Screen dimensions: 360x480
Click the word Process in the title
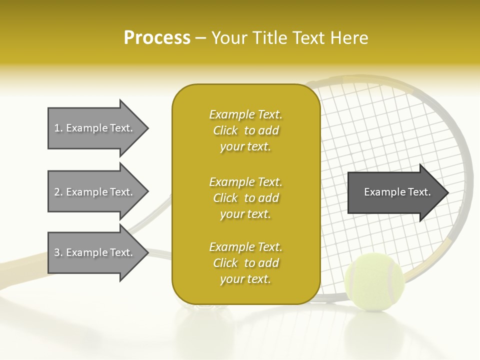[157, 38]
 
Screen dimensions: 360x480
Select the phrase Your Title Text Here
[289, 38]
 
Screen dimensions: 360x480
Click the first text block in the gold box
[245, 130]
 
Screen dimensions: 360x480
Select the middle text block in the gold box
[245, 198]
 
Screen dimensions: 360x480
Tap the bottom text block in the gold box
[245, 263]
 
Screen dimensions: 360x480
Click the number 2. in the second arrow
[58, 192]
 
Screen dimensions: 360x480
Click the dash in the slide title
[201, 38]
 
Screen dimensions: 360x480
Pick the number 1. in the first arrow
[58, 128]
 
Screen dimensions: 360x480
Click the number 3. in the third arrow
[58, 252]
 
